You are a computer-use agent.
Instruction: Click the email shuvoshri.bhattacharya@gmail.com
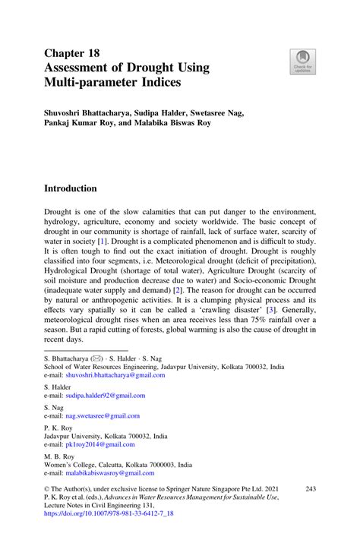[x=115, y=374]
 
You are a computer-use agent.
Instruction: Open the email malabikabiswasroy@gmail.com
[x=113, y=472]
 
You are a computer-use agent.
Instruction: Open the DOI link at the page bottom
[x=109, y=513]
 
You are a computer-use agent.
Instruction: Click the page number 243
[x=310, y=489]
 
